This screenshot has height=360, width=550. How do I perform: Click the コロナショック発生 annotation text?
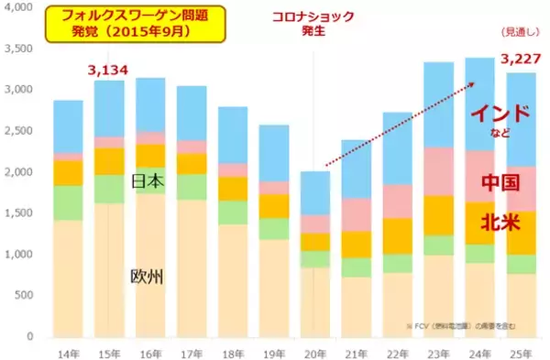(x=313, y=23)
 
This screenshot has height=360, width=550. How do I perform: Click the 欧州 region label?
(x=148, y=276)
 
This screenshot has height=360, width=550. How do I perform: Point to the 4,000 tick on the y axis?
(x=22, y=7)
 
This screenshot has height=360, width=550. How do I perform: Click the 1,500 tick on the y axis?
(x=22, y=213)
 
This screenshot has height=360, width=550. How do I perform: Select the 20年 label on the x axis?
(x=314, y=350)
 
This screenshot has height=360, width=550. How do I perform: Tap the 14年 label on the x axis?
(x=67, y=350)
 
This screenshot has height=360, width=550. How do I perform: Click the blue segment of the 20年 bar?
(x=314, y=193)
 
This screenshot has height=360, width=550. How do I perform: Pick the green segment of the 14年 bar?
(x=68, y=202)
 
